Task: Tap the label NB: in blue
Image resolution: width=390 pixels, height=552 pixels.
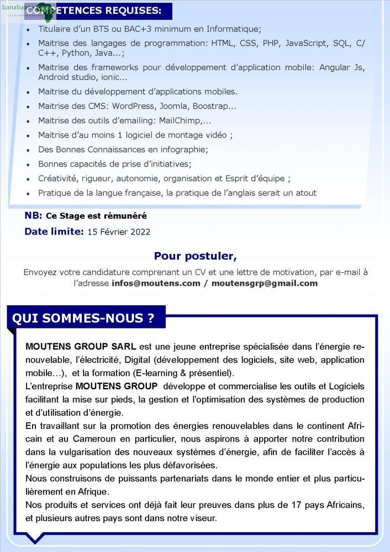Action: (x=33, y=216)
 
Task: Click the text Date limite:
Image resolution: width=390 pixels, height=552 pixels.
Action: (x=54, y=232)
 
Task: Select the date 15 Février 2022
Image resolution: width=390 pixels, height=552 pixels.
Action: (x=119, y=232)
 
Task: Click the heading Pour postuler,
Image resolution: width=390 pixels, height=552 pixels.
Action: (x=195, y=256)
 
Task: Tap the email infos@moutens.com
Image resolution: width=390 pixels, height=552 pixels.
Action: (x=156, y=283)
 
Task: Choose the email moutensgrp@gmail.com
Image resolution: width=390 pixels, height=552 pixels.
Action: (x=265, y=283)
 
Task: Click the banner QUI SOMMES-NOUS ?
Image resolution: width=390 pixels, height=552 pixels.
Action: (x=83, y=319)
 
